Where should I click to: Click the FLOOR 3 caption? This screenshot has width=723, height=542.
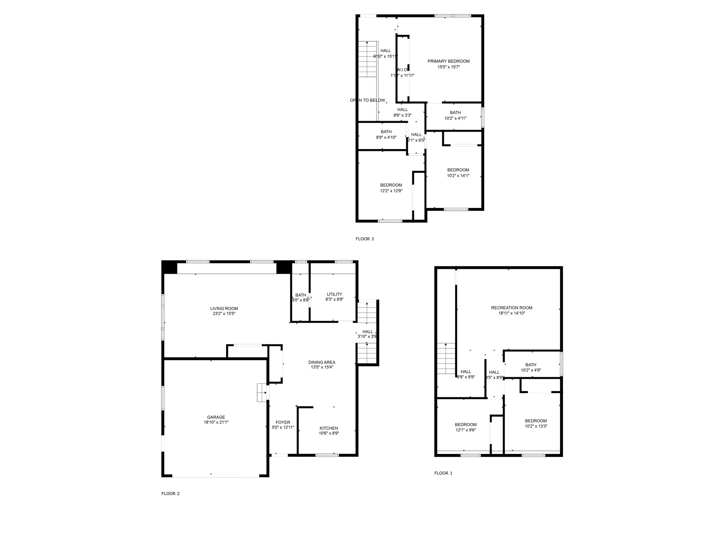pyautogui.click(x=364, y=239)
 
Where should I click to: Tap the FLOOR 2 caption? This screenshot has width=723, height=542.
pyautogui.click(x=170, y=494)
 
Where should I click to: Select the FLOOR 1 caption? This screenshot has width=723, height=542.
pyautogui.click(x=443, y=473)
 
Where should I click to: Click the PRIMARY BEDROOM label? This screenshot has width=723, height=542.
pyautogui.click(x=449, y=61)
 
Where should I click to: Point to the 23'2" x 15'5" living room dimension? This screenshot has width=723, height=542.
pyautogui.click(x=224, y=314)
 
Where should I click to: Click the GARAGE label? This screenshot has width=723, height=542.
pyautogui.click(x=216, y=417)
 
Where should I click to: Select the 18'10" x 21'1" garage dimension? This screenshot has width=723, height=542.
pyautogui.click(x=216, y=422)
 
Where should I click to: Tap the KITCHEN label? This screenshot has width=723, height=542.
pyautogui.click(x=328, y=428)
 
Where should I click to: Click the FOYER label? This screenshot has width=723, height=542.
pyautogui.click(x=283, y=422)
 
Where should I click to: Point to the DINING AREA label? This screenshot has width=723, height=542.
pyautogui.click(x=322, y=362)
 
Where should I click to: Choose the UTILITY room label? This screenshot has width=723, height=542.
pyautogui.click(x=334, y=294)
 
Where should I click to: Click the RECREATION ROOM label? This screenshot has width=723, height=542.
pyautogui.click(x=512, y=308)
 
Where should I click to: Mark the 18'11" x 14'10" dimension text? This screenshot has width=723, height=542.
pyautogui.click(x=512, y=313)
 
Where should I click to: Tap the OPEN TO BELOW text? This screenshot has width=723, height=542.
pyautogui.click(x=367, y=100)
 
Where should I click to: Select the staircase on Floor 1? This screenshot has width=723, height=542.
pyautogui.click(x=446, y=359)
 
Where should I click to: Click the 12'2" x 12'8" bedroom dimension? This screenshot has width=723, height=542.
pyautogui.click(x=391, y=191)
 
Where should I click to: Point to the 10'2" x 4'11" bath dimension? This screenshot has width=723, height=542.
pyautogui.click(x=455, y=118)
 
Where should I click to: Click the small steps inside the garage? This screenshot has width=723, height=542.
pyautogui.click(x=261, y=393)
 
